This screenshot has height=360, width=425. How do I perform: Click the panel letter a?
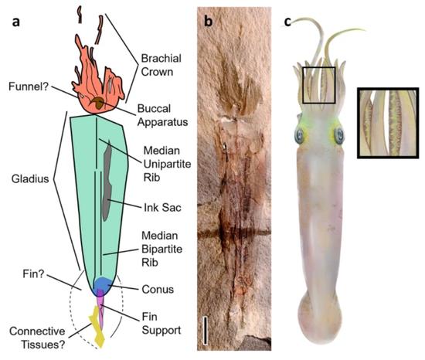pos(16,22)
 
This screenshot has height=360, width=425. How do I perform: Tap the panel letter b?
pos(208,21)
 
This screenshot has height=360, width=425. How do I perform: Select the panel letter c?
pos(287,22)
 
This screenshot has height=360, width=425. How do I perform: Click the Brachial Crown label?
pos(161,65)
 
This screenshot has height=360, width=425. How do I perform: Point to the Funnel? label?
pos(29,87)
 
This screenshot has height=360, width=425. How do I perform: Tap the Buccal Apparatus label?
pos(162,115)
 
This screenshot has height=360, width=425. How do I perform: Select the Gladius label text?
pos(30,178)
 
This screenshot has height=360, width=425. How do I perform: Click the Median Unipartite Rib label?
pos(167,164)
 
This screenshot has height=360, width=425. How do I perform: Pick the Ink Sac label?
pos(162,208)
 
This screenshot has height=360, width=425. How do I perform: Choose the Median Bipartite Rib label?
pos(161,249)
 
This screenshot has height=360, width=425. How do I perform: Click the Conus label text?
pos(158,289)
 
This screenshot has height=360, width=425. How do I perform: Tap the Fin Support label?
pos(161,324)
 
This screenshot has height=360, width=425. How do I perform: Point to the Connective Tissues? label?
pos(37,338)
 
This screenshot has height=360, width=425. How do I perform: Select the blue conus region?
pos(103,285)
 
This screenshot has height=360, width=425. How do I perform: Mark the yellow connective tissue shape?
pos(97,327)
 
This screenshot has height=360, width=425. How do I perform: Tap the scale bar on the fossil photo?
pos(206,330)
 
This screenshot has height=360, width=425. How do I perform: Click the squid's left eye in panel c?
pos(300,136)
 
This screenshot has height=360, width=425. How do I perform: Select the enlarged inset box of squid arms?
pos(388,123)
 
